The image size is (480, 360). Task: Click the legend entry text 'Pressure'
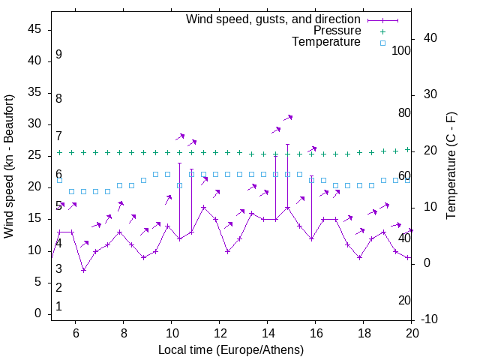(337, 31)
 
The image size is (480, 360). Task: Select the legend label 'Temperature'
(326, 42)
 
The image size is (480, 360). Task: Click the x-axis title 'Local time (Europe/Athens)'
(231, 349)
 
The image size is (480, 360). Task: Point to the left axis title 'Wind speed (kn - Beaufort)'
(9, 166)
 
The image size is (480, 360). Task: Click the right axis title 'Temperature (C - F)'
(451, 166)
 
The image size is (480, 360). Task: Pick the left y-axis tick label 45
(35, 29)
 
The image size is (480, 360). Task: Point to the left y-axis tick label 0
(38, 313)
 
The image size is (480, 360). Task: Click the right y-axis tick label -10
(430, 319)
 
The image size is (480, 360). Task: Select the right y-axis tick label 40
(430, 38)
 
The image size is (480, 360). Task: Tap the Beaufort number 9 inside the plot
(58, 55)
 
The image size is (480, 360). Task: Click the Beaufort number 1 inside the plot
(58, 307)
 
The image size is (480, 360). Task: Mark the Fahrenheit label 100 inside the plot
(401, 51)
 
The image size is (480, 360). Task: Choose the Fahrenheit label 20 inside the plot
(404, 300)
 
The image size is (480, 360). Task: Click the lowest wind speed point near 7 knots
(84, 269)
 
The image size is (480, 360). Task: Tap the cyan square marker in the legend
(382, 43)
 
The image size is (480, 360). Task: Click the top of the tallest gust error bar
(287, 145)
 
